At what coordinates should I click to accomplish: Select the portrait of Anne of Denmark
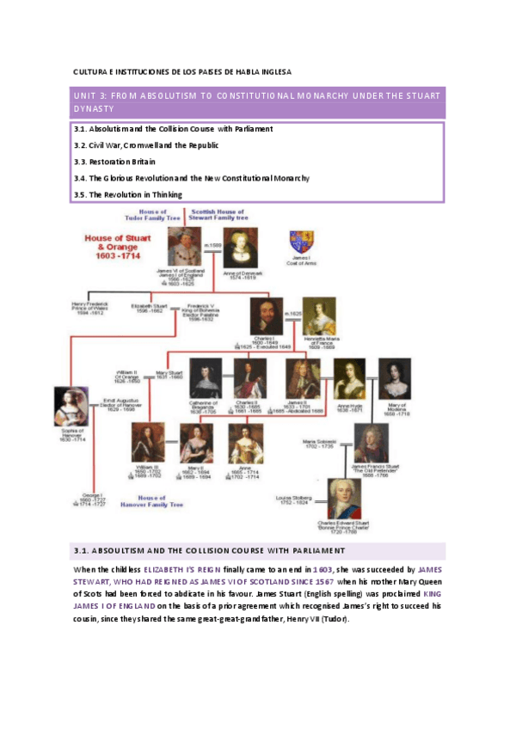[240, 249]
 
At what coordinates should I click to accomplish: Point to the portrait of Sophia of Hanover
[71, 409]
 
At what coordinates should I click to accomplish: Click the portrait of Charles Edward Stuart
[344, 499]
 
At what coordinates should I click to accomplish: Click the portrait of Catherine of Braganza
[206, 378]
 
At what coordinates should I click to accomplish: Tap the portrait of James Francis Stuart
[371, 444]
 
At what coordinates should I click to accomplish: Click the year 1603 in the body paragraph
[322, 569]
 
